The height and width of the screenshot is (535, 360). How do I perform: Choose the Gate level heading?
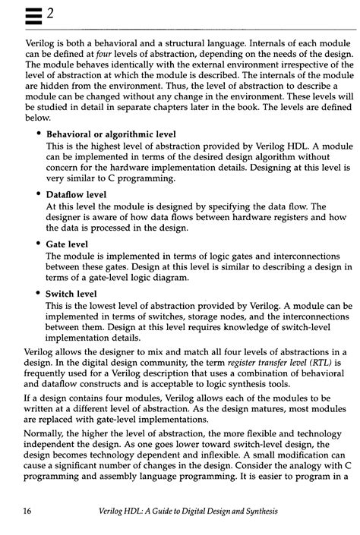pyautogui.click(x=67, y=244)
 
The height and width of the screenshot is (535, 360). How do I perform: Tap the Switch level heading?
pyautogui.click(x=71, y=294)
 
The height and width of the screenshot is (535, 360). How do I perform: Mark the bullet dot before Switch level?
pyautogui.click(x=39, y=293)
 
